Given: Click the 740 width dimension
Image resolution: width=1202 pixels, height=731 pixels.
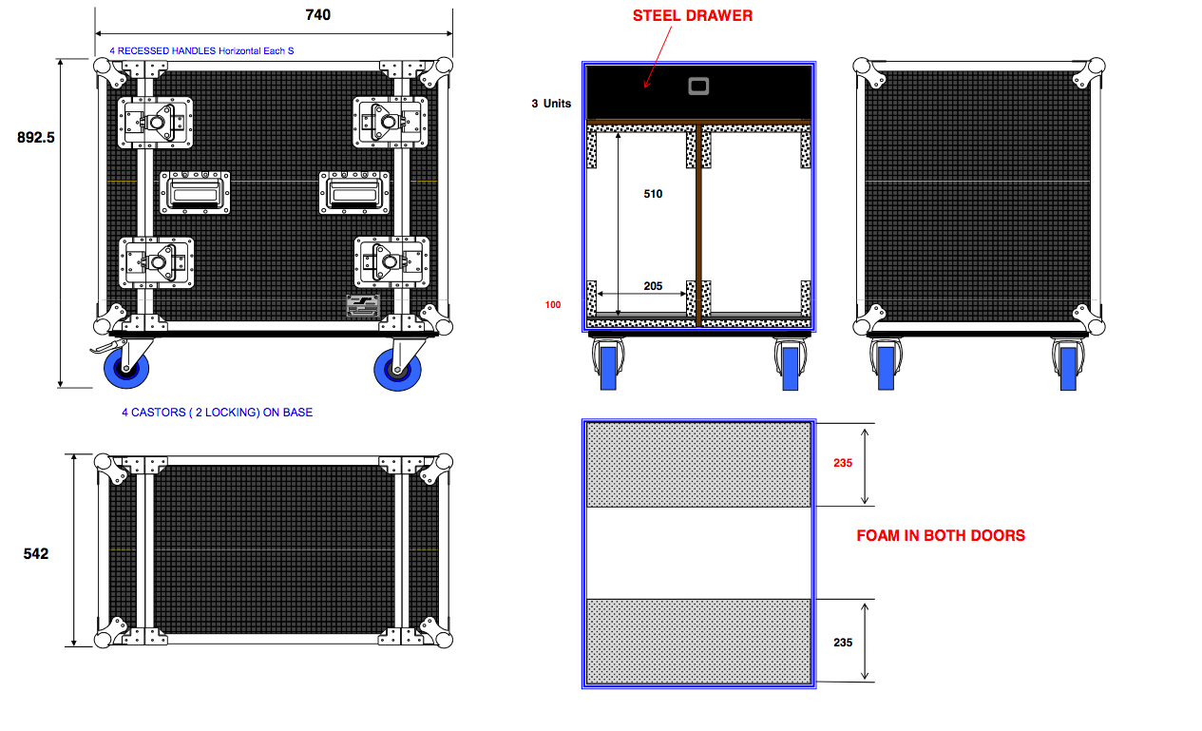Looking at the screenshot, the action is pyautogui.click(x=317, y=14).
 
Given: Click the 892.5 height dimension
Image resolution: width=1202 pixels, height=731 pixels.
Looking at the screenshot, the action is pyautogui.click(x=36, y=138).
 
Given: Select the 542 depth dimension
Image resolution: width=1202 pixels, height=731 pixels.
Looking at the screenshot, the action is pyautogui.click(x=36, y=553).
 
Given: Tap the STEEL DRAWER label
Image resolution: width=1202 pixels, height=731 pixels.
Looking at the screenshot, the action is pyautogui.click(x=693, y=15).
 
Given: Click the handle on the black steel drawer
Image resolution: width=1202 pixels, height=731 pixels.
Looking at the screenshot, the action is pyautogui.click(x=698, y=86).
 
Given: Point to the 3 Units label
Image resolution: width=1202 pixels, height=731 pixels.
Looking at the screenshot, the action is pyautogui.click(x=551, y=103).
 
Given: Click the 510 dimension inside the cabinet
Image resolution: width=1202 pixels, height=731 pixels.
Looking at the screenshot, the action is pyautogui.click(x=653, y=194).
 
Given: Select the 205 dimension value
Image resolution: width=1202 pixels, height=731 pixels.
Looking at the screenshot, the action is pyautogui.click(x=653, y=286).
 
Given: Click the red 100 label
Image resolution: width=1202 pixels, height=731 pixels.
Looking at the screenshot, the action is pyautogui.click(x=553, y=305).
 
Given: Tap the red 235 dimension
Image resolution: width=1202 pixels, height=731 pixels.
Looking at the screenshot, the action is pyautogui.click(x=843, y=463).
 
